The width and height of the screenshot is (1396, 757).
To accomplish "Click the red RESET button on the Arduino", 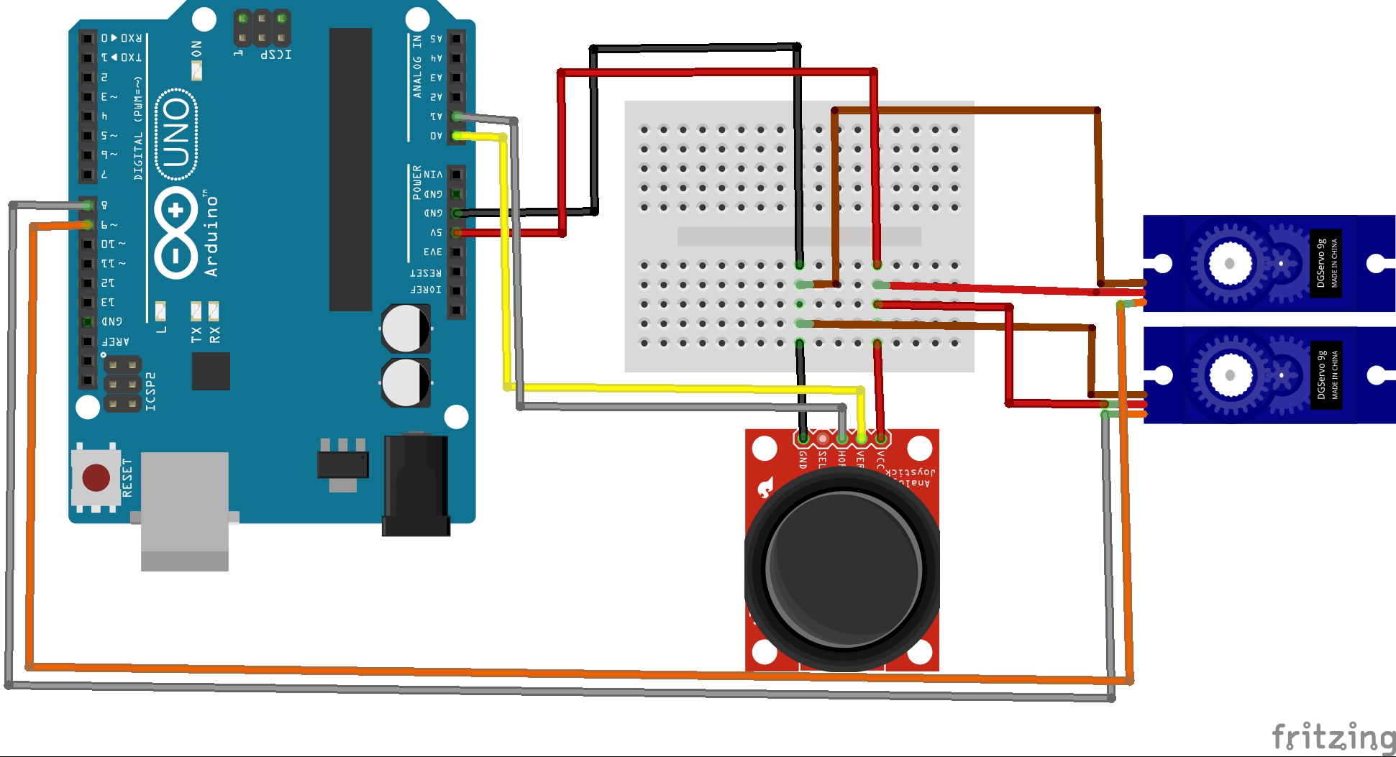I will coord(96,477).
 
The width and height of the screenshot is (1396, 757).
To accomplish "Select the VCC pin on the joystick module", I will coord(881,438).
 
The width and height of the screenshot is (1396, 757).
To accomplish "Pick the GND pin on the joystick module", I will coord(803,438).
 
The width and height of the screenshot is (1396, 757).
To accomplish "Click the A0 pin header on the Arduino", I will coord(457,135).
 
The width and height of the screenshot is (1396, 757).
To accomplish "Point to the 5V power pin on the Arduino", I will coord(457,232).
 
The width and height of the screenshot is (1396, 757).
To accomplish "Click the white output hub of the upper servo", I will coord(1229,263).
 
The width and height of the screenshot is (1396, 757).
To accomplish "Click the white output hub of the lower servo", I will coord(1229,375).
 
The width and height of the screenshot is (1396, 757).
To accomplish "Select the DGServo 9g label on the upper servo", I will coord(1320,264).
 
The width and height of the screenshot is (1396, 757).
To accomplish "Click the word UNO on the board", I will coord(176,134).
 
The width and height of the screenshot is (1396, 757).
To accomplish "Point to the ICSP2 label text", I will coord(150,392).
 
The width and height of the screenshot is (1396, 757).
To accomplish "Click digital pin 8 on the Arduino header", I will coord(88,206).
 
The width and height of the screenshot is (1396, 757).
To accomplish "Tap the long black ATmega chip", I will coord(350,169).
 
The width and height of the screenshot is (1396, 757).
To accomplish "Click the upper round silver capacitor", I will coord(406,329).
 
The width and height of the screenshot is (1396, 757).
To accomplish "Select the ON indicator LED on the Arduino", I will coord(196,70).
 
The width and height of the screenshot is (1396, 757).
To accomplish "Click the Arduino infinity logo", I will coord(176,232).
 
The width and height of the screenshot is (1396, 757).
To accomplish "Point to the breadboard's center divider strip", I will coord(798,236).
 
